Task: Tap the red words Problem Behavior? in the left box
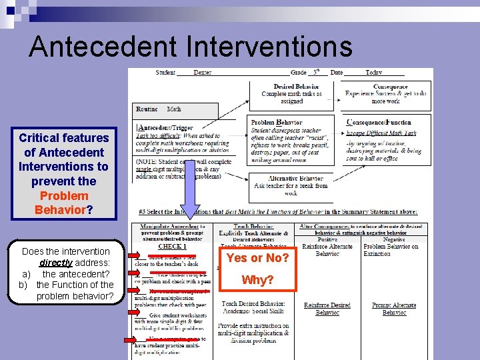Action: [64, 203]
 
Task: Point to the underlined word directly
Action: [65, 263]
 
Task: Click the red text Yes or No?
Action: [258, 258]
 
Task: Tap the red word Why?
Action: [258, 280]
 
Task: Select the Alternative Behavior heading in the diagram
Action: [296, 179]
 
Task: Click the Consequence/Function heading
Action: [379, 123]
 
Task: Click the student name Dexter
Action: [202, 73]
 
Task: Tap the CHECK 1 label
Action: [172, 246]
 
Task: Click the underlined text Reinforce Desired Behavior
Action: [327, 309]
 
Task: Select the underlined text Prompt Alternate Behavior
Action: [394, 309]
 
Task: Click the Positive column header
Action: [327, 239]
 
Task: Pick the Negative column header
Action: [394, 239]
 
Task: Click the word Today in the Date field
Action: [373, 73]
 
